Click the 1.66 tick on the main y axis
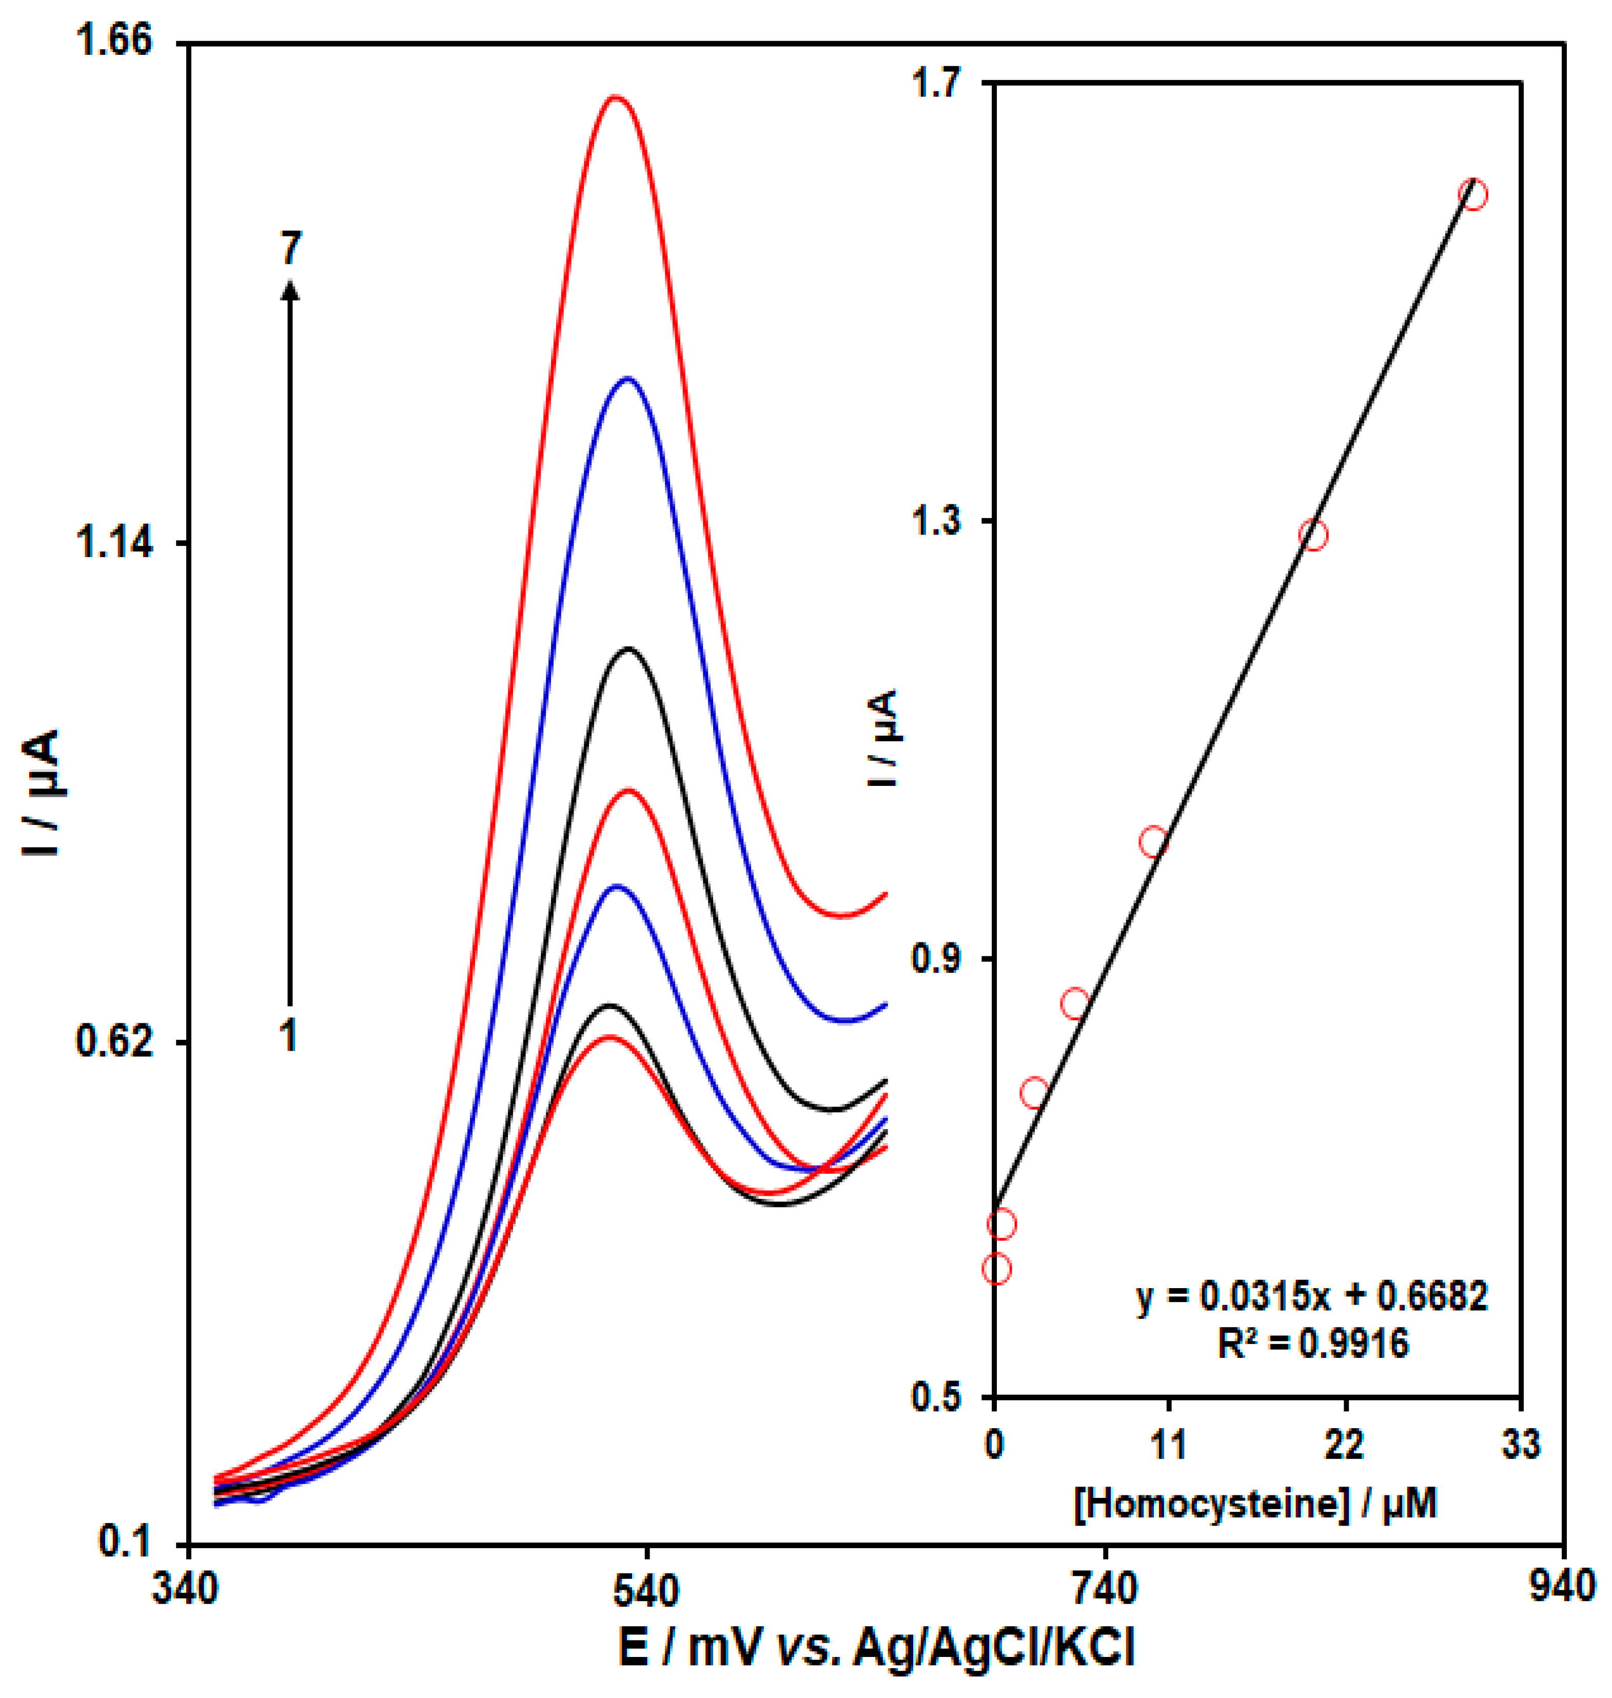[113, 41]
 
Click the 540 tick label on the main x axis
[646, 1590]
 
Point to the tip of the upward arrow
[290, 286]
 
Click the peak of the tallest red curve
[615, 97]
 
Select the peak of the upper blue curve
[628, 378]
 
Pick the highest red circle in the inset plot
[1473, 195]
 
